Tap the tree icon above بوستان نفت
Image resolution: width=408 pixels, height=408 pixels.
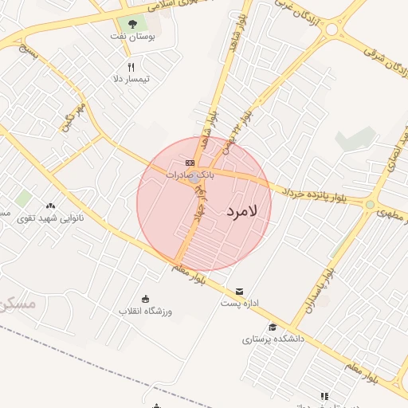click(132, 24)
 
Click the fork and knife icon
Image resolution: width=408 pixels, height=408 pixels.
click(131, 67)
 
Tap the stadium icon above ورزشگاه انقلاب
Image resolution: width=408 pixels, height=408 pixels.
click(144, 299)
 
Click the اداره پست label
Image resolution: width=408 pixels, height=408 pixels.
click(240, 303)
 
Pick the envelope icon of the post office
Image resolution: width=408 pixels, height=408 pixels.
click(240, 291)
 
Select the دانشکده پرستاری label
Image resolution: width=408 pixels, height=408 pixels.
click(273, 339)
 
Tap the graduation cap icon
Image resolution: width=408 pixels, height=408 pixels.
click(273, 327)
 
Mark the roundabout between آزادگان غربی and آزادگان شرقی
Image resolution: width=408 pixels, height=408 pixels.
click(334, 29)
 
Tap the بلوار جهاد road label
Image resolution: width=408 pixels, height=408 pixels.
click(198, 204)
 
